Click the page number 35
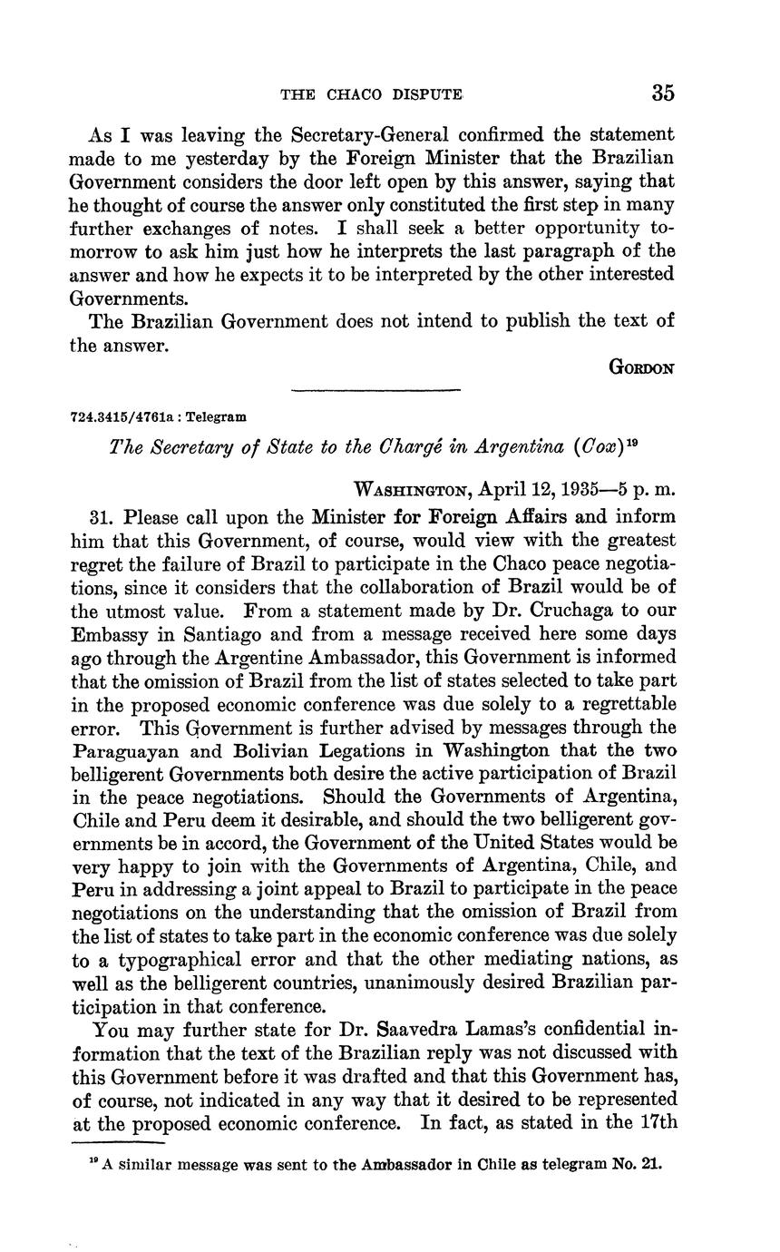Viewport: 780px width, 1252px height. [x=662, y=93]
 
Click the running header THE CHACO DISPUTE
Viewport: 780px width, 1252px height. [x=371, y=94]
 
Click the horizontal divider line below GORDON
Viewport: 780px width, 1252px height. [x=375, y=391]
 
